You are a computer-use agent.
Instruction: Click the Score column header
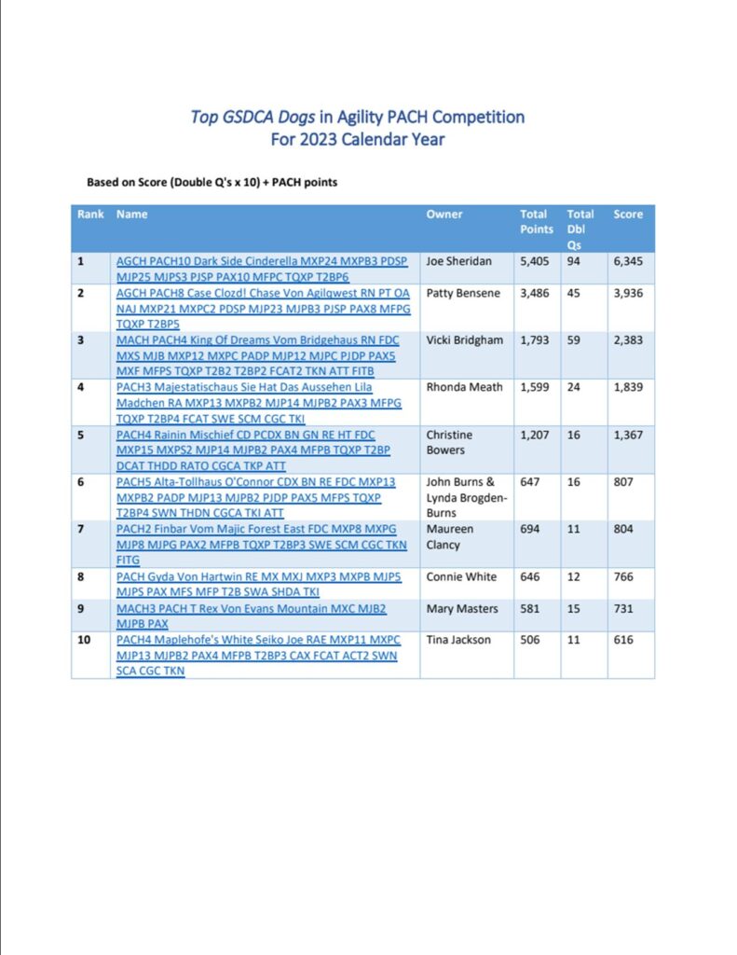coord(628,215)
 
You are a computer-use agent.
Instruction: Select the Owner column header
coord(444,215)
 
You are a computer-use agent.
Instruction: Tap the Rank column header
coord(90,215)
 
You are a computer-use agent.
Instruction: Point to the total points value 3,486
coord(535,294)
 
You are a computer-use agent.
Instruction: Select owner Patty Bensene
coord(463,294)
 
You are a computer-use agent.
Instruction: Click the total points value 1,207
coord(535,435)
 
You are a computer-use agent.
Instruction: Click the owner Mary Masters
coord(462,609)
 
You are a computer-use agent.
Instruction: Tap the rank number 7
coord(81,530)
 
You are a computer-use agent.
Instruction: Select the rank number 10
coord(84,641)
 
